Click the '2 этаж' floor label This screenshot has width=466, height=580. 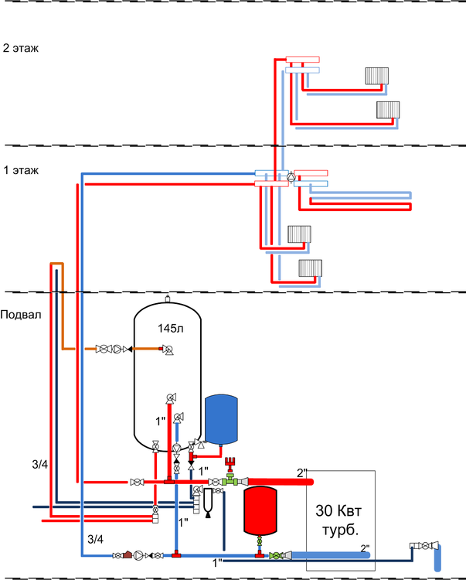tap(21, 48)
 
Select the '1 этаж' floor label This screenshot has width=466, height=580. tap(21, 169)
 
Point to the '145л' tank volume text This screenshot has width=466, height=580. tap(169, 328)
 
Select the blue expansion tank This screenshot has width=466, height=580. tap(221, 418)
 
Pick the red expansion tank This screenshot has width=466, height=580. tap(261, 510)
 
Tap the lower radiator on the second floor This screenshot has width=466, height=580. tap(387, 109)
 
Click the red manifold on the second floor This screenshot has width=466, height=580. tap(302, 59)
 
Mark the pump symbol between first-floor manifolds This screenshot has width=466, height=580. tap(290, 178)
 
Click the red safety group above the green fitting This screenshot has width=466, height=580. tap(230, 466)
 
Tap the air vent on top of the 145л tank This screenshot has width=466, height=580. tap(168, 296)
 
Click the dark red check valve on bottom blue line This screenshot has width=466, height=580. tap(126, 554)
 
